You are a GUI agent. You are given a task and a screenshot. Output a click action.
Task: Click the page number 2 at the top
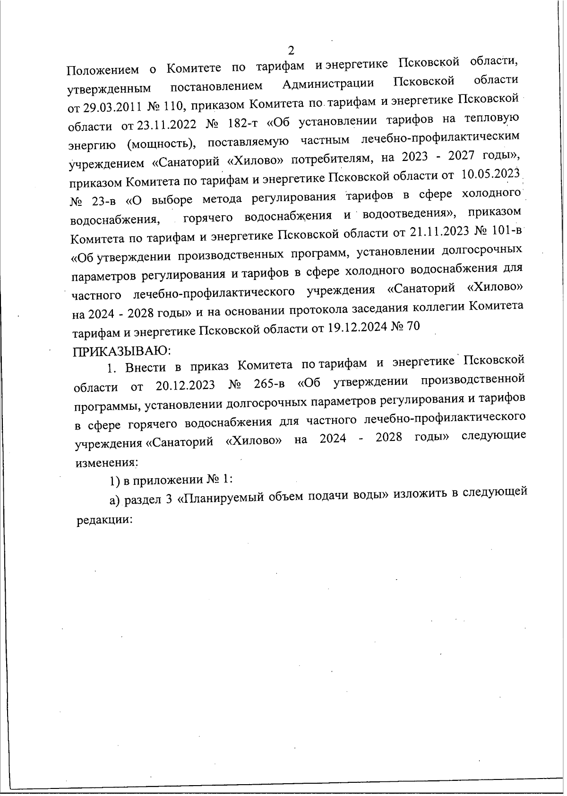tap(291, 50)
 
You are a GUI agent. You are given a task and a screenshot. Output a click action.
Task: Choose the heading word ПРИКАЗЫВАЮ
tap(120, 350)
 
